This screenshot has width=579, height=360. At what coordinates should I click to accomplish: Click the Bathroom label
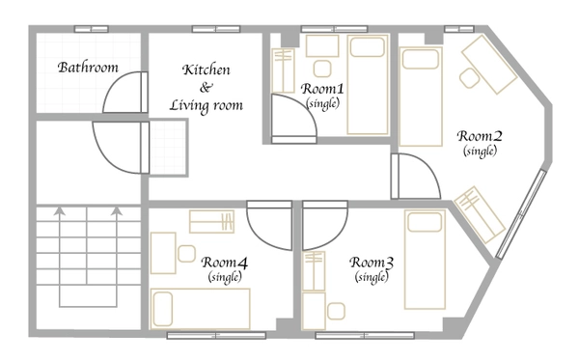pos(88,68)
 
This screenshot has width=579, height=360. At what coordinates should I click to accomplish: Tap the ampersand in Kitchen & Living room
pos(207,88)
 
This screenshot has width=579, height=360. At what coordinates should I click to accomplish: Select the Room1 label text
pos(322,89)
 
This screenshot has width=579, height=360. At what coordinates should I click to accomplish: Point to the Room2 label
pos(480,136)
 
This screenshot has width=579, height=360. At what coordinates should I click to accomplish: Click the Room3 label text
pos(372,263)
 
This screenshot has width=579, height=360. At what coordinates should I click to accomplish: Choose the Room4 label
pos(225,263)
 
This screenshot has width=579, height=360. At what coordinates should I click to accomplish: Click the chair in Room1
pos(322,69)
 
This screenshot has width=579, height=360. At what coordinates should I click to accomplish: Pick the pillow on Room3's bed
pos(425,223)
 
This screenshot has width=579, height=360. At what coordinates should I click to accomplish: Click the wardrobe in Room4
pos(211,222)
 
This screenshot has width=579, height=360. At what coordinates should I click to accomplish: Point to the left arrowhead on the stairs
pos(59,210)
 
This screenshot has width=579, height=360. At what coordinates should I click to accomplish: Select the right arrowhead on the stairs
pos(117,210)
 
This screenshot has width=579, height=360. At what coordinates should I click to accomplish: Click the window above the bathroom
pos(92,29)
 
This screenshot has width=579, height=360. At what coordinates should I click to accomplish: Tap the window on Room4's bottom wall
pos(216,335)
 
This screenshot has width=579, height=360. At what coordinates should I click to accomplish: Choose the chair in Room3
pos(336,312)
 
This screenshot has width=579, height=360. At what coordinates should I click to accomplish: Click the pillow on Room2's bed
pos(420,60)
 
